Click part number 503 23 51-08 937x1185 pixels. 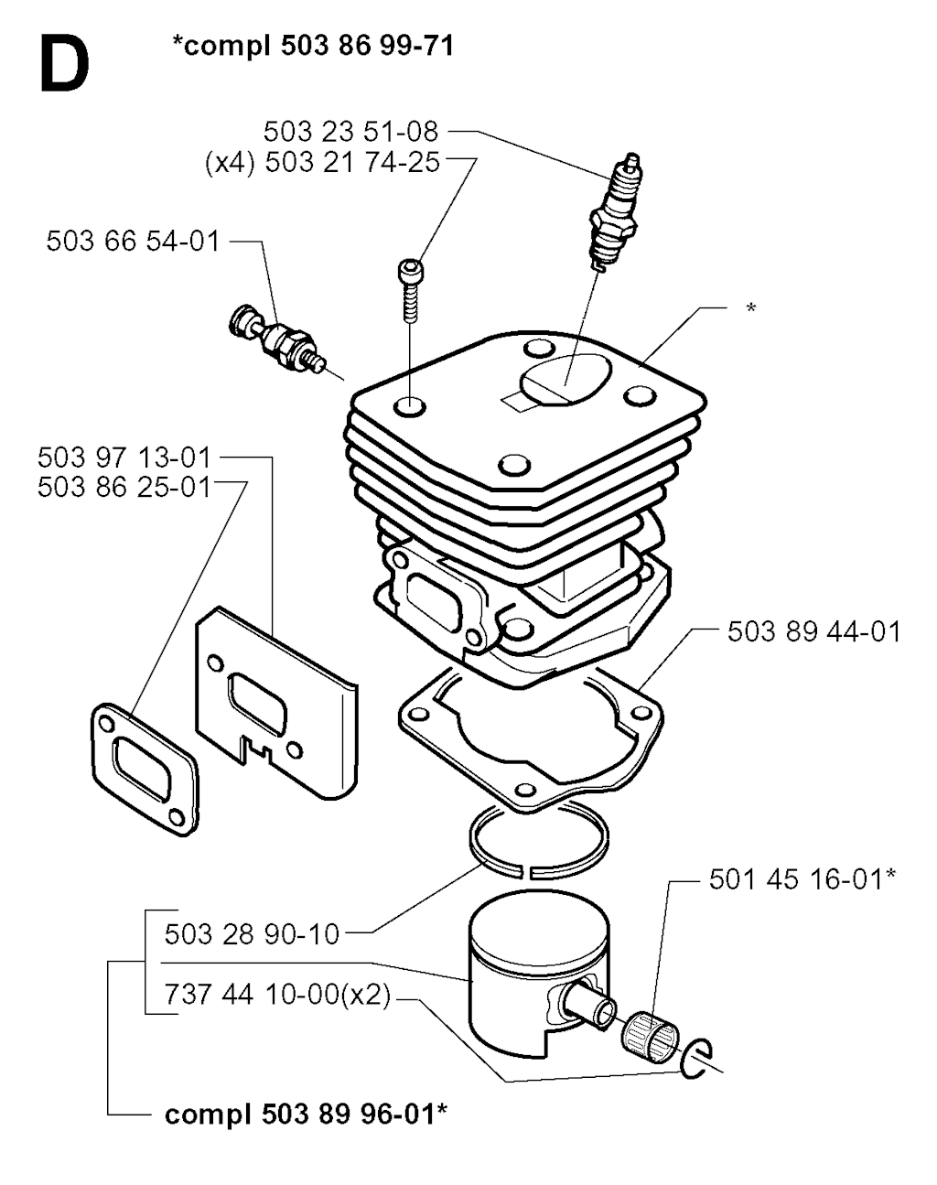click(350, 132)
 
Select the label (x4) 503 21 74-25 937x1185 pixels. click(322, 163)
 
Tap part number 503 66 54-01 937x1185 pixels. click(134, 242)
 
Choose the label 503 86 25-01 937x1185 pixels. click(124, 488)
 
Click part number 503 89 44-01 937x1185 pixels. click(814, 632)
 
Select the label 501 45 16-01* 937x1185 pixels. click(802, 879)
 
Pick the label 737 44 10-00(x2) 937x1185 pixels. click(277, 995)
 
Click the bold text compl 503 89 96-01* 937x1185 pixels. click(306, 1115)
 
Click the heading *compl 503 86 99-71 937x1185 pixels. click(314, 46)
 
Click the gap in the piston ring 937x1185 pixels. click(526, 872)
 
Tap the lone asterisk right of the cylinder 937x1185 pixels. click(750, 307)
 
